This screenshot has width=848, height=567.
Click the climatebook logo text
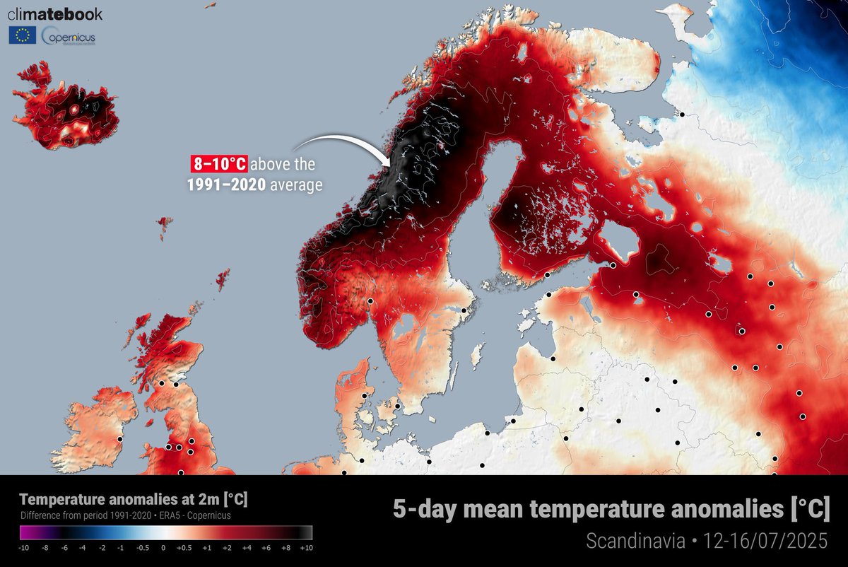[x=55, y=14]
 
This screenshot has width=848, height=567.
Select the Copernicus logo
[x=69, y=36]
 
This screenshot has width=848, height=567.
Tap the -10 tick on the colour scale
[x=23, y=547]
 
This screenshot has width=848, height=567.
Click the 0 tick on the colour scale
[x=163, y=547]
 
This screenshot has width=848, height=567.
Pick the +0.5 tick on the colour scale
[x=184, y=547]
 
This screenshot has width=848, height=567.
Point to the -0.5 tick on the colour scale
[x=143, y=547]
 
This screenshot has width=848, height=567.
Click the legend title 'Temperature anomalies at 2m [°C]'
[x=134, y=500]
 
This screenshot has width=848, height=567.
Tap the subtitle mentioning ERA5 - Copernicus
[x=126, y=515]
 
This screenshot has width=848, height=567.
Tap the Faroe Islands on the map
[x=164, y=226]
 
